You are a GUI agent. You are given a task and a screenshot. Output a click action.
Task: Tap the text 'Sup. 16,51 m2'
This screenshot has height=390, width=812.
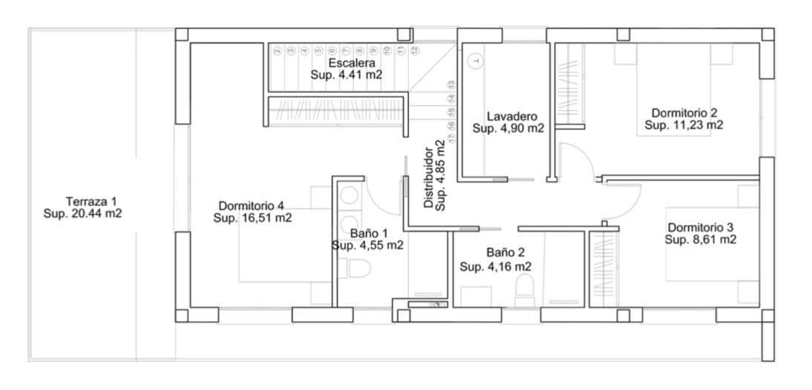[252, 218]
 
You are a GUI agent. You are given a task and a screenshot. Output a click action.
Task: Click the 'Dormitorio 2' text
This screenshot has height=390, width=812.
[684, 113]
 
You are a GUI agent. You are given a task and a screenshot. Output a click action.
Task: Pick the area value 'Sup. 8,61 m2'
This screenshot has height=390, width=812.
[701, 239]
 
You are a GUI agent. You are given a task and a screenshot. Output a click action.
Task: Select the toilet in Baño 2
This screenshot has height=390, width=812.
[525, 288]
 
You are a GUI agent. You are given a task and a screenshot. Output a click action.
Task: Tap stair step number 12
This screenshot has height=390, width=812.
[415, 50]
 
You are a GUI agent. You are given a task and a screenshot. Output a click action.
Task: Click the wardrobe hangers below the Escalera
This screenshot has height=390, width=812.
[338, 110]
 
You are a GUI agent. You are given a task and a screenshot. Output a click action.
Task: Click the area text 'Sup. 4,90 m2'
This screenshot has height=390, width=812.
[508, 128]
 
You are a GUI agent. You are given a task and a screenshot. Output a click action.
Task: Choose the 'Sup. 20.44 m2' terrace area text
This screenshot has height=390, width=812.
[83, 214]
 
